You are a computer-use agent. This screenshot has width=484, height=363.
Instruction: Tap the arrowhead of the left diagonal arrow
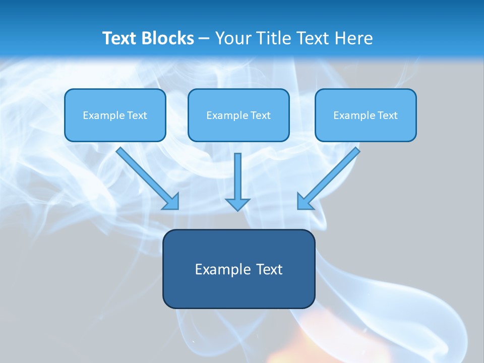click(171, 202)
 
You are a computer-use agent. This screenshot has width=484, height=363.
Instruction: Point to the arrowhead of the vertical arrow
click(237, 204)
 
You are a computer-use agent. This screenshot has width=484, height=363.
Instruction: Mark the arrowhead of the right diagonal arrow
click(305, 202)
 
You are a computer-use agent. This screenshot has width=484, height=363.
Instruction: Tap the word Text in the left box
click(137, 115)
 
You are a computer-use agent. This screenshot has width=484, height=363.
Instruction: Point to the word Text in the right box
click(387, 115)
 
